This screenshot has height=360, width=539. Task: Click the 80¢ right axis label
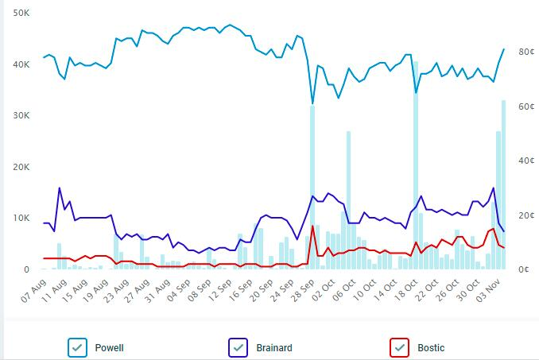coord(525,52)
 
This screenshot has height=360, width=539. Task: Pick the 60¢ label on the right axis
coord(525,106)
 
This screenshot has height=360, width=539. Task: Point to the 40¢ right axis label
coord(525,161)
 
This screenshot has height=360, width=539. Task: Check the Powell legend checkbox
coord(78,347)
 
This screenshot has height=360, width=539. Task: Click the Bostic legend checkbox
coord(399,347)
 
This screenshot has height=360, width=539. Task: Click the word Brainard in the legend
coord(274,347)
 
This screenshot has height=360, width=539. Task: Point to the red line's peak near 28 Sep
coord(312,226)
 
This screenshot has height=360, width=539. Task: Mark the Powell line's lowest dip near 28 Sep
coord(312,103)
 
